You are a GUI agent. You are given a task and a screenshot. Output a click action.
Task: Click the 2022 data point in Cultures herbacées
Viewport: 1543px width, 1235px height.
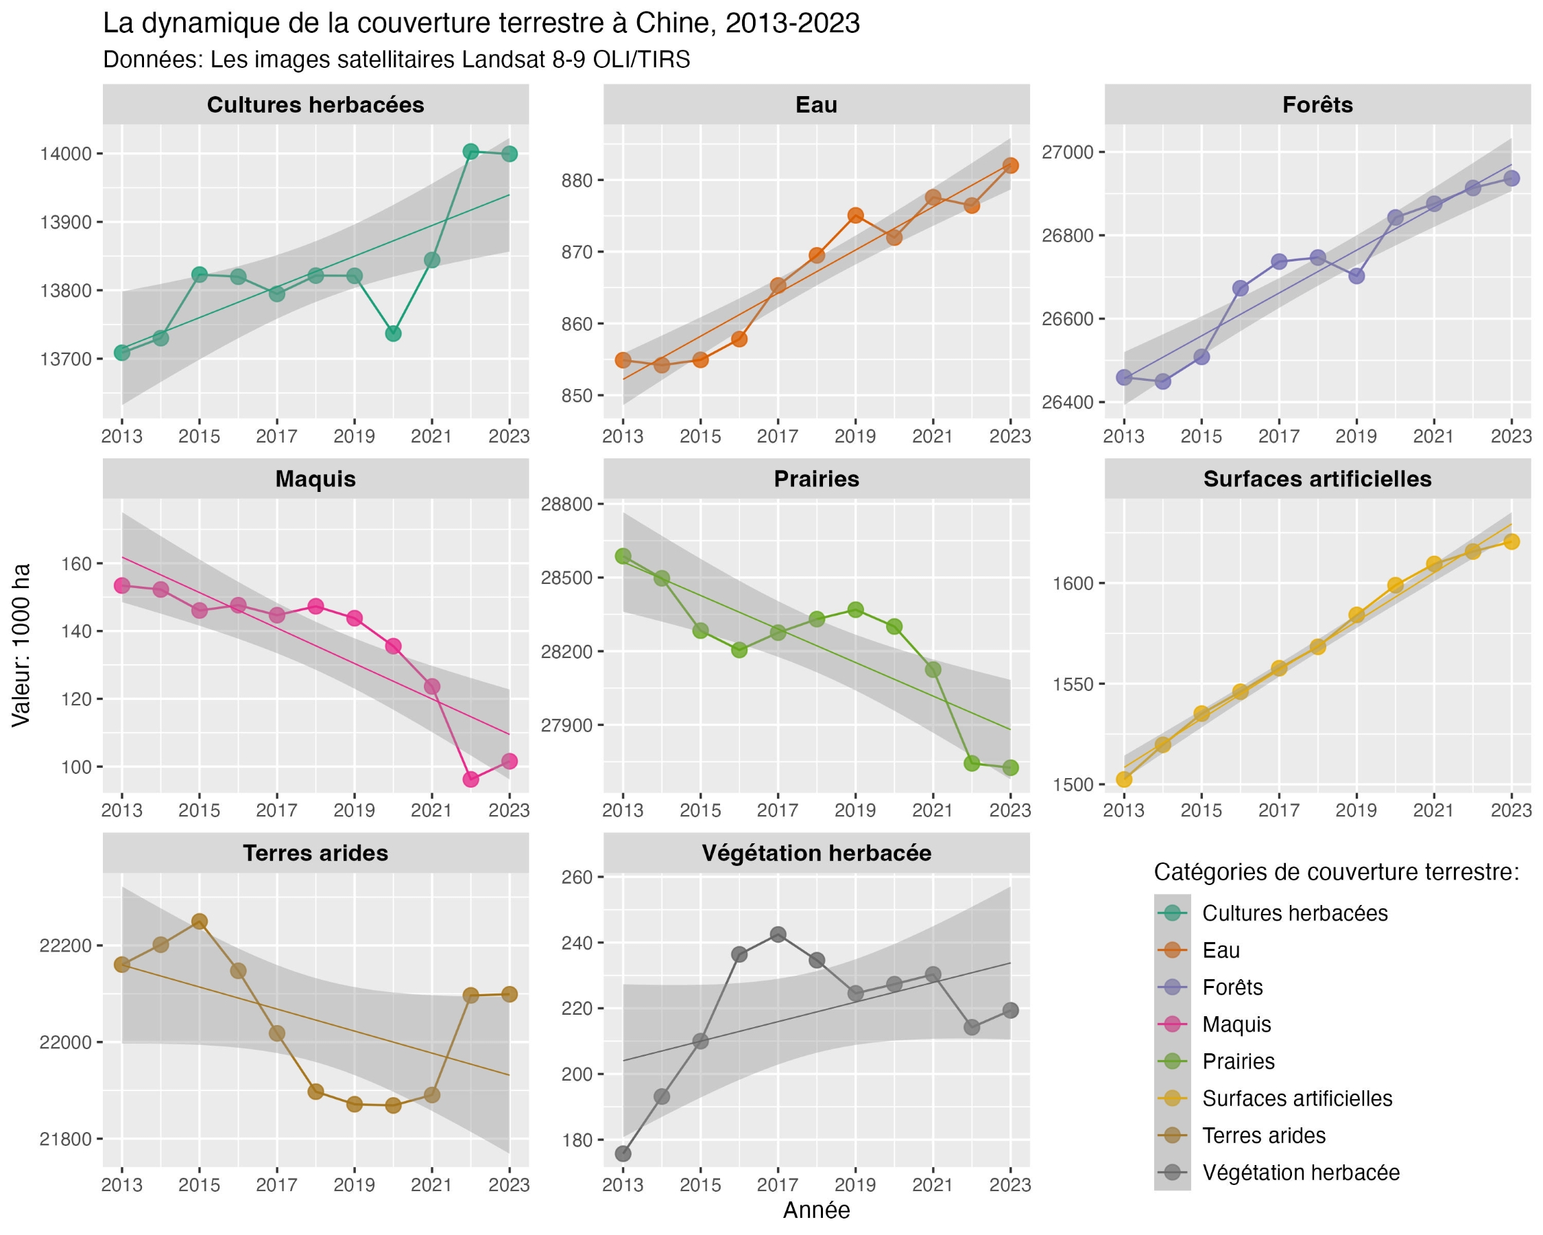coord(470,151)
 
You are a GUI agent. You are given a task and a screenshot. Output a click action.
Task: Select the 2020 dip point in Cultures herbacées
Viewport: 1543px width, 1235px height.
coord(393,333)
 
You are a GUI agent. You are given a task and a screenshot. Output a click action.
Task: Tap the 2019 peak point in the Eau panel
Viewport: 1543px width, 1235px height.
coord(855,215)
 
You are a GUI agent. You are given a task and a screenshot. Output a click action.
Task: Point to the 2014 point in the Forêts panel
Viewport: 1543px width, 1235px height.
coord(1163,381)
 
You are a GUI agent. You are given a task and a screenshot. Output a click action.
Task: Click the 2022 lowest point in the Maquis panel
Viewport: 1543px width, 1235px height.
coord(470,779)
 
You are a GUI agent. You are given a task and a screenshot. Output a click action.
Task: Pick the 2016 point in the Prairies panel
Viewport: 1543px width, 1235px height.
coord(739,650)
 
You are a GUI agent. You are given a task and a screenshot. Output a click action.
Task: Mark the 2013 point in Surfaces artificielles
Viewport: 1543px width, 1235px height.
coord(1124,779)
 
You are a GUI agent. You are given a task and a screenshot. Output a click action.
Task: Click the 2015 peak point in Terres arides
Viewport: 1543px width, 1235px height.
coord(200,921)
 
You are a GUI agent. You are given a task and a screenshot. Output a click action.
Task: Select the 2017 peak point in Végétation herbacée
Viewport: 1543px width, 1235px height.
coord(778,934)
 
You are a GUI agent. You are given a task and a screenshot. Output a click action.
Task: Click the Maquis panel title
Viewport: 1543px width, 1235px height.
coord(315,479)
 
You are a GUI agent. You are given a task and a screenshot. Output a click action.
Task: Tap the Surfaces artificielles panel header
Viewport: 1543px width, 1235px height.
coord(1317,479)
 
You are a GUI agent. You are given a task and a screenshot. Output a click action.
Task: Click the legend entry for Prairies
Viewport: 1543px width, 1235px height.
coord(1238,1061)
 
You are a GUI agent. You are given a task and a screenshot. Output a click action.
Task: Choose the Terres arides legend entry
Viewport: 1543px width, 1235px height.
coord(1263,1136)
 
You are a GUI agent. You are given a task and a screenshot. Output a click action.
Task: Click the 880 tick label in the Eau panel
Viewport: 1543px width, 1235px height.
coord(577,180)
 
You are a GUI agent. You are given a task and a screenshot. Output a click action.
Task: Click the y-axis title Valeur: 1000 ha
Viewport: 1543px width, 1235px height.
coord(21,645)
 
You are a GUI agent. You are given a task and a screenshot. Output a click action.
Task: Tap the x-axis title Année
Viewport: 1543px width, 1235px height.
coord(816,1210)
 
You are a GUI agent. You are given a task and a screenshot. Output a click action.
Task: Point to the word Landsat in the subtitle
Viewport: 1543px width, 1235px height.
coord(505,60)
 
